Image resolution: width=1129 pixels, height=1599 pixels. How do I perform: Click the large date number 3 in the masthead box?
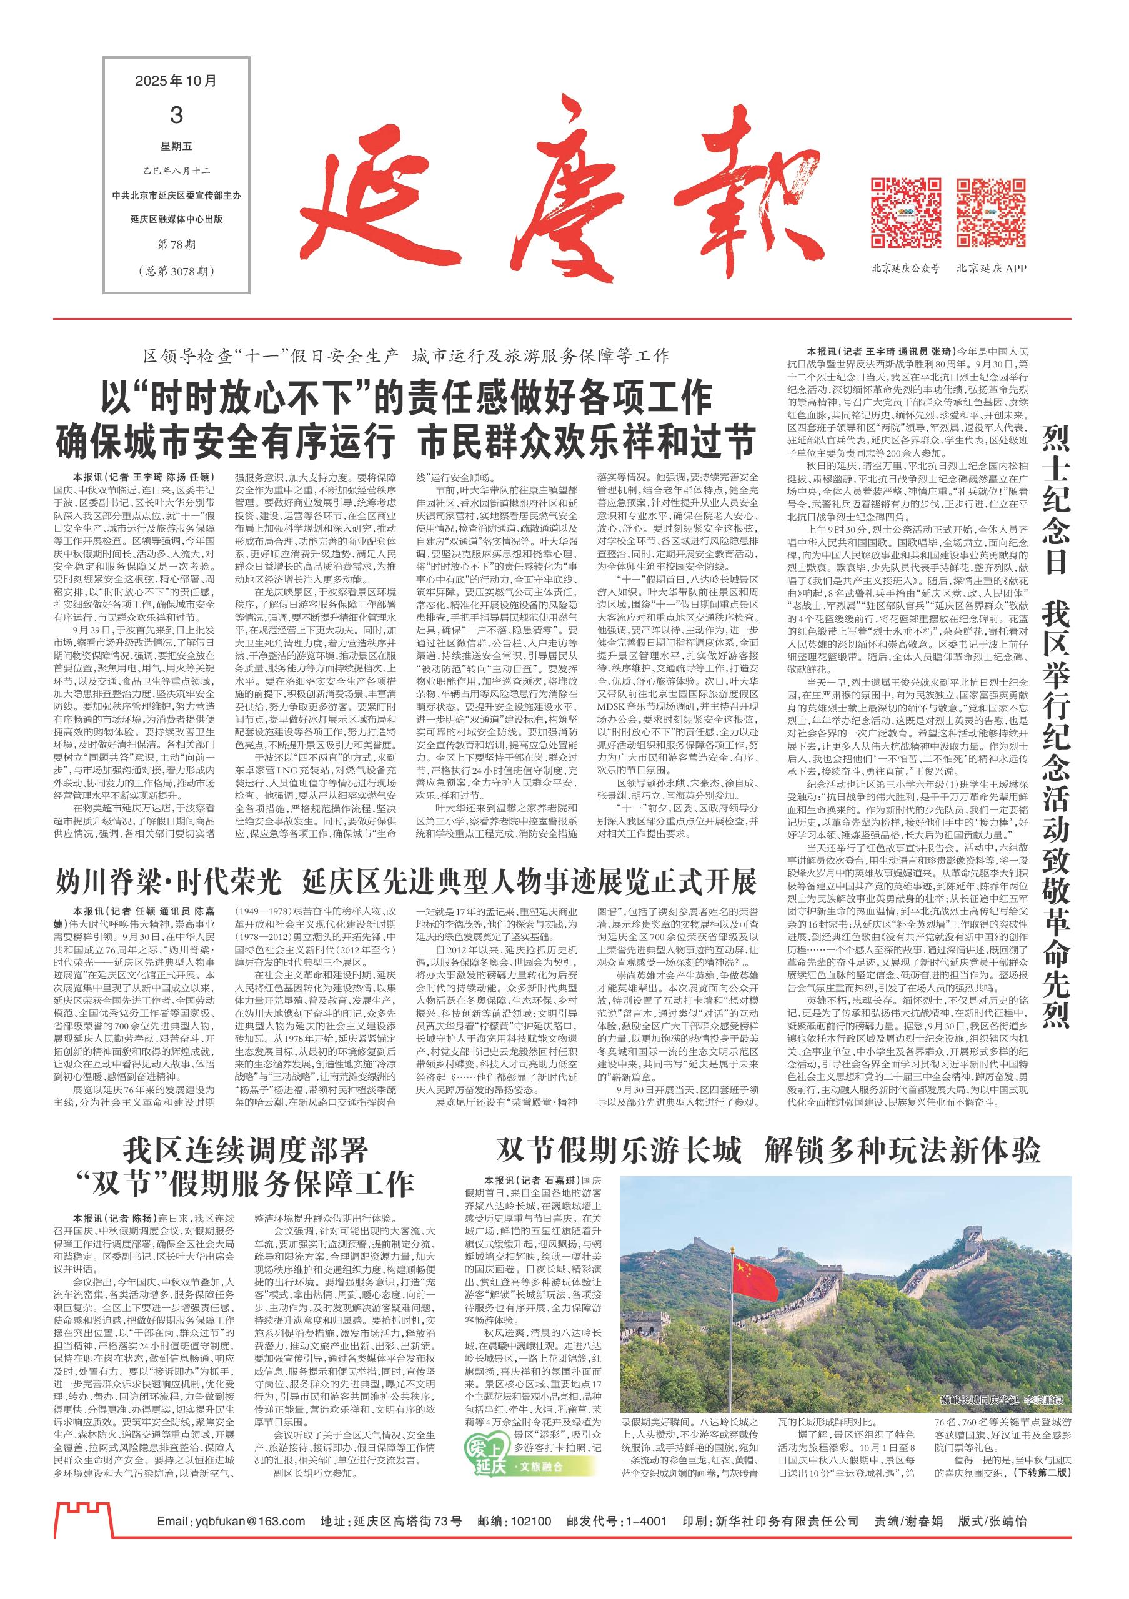tap(176, 114)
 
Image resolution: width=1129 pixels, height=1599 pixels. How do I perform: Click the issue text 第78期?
tap(176, 243)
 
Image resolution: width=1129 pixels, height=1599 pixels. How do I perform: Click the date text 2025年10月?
tap(176, 81)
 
